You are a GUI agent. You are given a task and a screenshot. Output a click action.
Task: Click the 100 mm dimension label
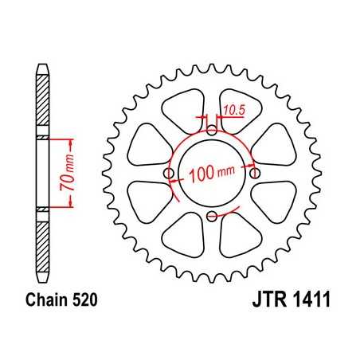tap(213, 172)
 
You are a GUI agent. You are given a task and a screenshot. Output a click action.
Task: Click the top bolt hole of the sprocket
tap(211, 131)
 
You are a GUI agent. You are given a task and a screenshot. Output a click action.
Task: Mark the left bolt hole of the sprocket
tap(169, 173)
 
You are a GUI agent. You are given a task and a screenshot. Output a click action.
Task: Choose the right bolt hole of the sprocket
tap(254, 173)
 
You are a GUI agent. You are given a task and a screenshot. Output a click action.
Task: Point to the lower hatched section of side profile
tap(41, 243)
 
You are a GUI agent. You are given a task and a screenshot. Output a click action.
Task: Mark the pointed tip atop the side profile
tap(41, 65)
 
